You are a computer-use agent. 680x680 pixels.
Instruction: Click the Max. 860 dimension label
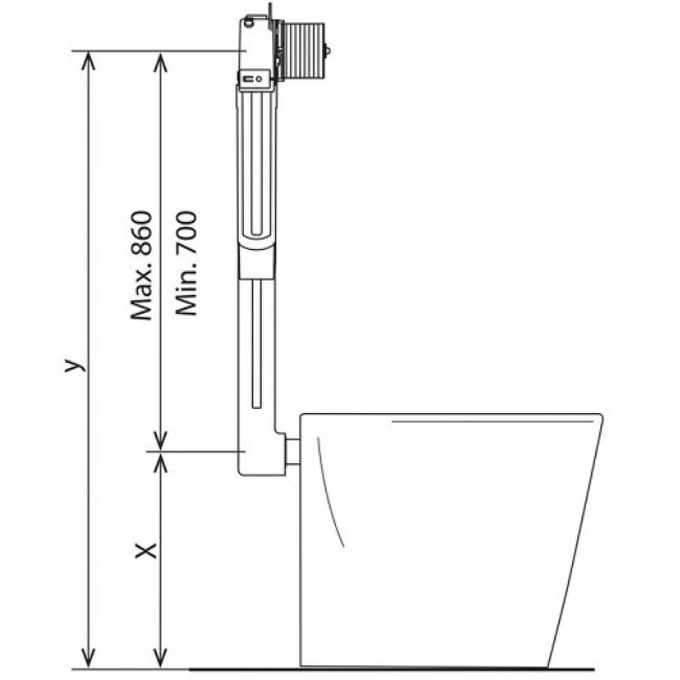[x=142, y=265]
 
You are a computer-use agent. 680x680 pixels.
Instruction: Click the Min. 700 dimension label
[x=186, y=263]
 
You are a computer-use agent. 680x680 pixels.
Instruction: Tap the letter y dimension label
[x=74, y=365]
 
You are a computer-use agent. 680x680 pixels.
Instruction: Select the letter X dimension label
[x=145, y=550]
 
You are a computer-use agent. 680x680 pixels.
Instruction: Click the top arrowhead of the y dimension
[x=89, y=59]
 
